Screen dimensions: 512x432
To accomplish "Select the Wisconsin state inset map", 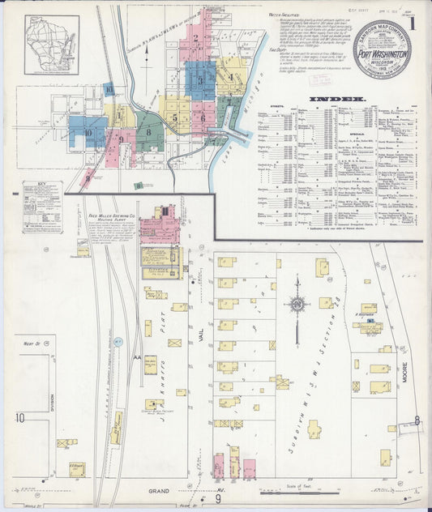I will (x=52, y=45).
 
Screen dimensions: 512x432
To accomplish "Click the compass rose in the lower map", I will (x=297, y=305).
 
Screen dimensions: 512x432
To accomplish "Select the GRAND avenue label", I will (x=163, y=491).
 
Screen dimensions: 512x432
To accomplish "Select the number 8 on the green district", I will (x=148, y=130).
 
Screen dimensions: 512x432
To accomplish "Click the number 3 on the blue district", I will (x=200, y=80).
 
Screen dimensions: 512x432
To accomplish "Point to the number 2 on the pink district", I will (x=196, y=37).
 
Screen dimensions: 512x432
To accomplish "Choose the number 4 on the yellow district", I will (x=230, y=78).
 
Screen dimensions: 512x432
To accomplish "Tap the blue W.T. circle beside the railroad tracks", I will (x=117, y=342).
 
